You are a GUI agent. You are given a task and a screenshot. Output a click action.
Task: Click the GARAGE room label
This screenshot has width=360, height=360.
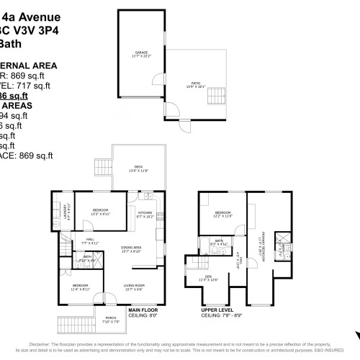[141, 53]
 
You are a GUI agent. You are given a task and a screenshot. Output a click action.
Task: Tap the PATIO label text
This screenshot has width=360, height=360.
[197, 84]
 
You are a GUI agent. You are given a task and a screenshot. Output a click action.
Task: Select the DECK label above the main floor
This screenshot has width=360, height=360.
[138, 167]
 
